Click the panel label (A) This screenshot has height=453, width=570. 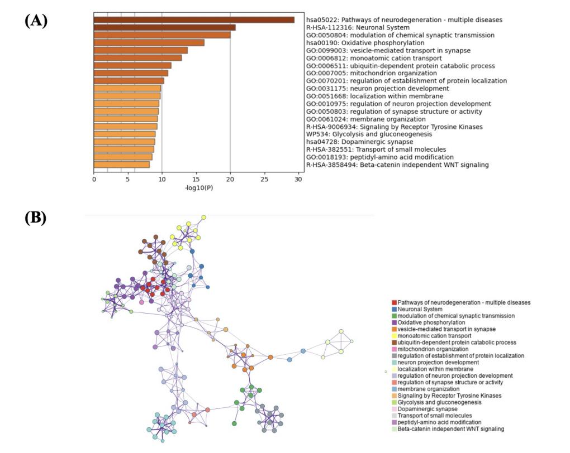(36, 21)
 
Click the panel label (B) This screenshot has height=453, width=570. (36, 218)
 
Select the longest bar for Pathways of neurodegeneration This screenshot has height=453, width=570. (194, 20)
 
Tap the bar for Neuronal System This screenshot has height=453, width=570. (164, 27)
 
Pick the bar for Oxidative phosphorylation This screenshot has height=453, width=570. (149, 42)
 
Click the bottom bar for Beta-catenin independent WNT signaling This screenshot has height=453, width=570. (121, 165)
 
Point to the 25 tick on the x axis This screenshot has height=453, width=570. (264, 179)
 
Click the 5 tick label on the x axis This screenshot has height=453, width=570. (128, 179)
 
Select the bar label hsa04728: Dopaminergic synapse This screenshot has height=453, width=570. (352, 142)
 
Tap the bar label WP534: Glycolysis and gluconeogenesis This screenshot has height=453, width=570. (369, 134)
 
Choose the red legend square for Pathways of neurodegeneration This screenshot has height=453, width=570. (394, 302)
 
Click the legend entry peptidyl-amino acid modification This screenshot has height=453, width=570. (439, 422)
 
